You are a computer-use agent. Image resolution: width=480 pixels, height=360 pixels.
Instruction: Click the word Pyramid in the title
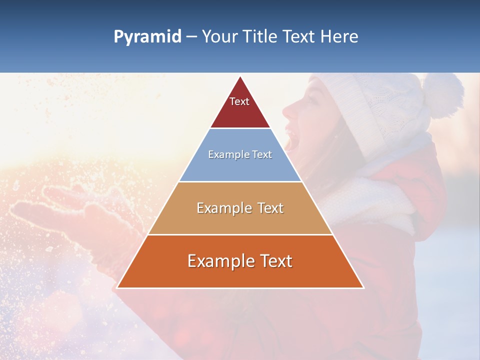(x=147, y=37)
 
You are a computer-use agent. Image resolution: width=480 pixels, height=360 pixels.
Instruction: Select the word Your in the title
(x=218, y=37)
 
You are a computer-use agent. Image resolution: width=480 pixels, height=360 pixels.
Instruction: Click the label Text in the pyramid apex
(x=239, y=101)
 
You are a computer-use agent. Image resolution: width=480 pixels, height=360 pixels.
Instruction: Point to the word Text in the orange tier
(x=275, y=261)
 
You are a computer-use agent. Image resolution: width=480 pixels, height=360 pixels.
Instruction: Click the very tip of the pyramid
(x=240, y=77)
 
